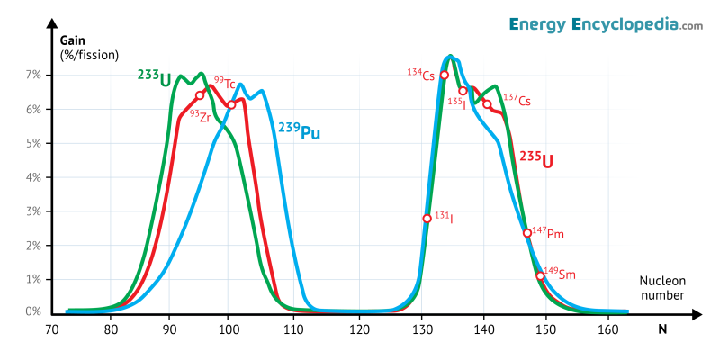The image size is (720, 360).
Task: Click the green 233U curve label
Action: [154, 78]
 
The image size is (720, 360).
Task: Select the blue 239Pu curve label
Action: [299, 132]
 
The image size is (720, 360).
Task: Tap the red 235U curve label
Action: [535, 160]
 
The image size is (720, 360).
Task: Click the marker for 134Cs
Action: [444, 75]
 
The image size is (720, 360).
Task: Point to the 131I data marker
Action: [427, 219]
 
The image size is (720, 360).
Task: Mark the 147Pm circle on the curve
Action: [527, 233]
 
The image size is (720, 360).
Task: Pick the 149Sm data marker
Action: [540, 275]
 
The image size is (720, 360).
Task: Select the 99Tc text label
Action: [224, 83]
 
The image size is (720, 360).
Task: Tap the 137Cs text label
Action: [517, 100]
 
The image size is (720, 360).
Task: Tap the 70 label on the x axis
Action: [52, 329]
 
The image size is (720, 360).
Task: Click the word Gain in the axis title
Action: [73, 40]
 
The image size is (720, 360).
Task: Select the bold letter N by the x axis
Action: [662, 329]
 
